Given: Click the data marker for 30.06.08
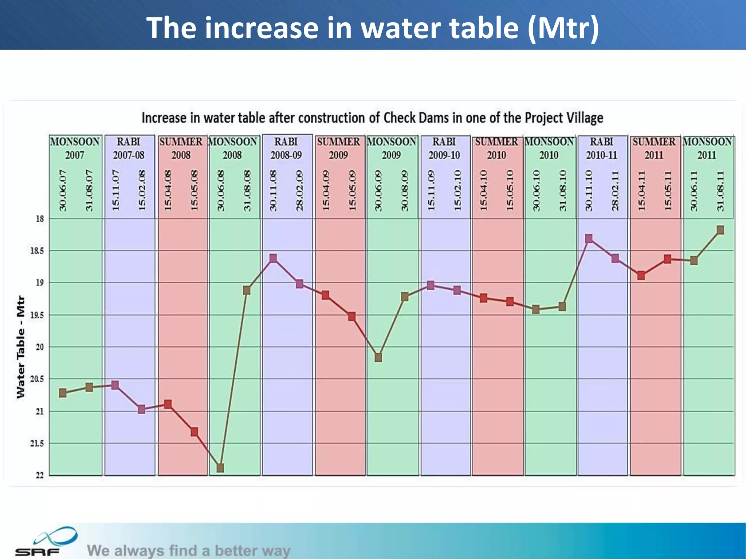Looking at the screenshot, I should tap(220, 468).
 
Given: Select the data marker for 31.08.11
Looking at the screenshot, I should tap(720, 230).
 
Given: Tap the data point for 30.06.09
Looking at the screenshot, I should tap(378, 357).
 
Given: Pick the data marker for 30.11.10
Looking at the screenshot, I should tap(589, 239).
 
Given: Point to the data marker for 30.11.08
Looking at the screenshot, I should tap(273, 258).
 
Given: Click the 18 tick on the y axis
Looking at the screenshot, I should tap(40, 219).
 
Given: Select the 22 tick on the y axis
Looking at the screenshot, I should tap(40, 475).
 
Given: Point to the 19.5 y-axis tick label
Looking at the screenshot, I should tap(37, 315).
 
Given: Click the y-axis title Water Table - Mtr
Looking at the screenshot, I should tap(21, 347).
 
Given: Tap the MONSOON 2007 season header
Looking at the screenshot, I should tap(75, 148).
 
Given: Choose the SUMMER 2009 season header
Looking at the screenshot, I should tap(338, 148).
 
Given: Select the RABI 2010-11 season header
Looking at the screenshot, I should tap(601, 148).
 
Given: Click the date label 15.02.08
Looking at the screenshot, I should tap(142, 190).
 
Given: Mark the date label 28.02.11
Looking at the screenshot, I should tap(615, 190).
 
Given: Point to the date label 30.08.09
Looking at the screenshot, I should tap(404, 190).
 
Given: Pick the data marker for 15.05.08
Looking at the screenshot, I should tap(194, 432).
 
